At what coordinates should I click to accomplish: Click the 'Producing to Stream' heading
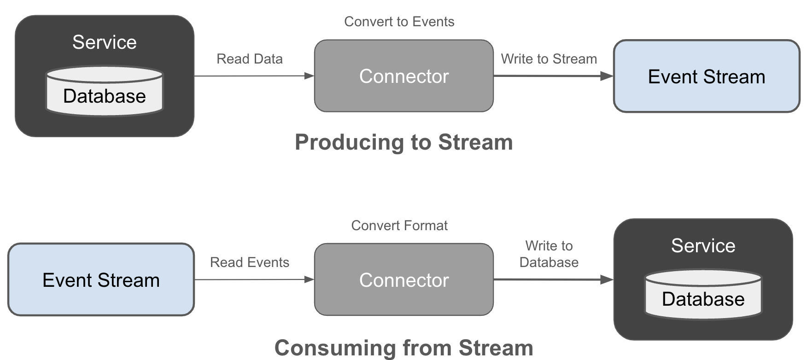pos(403,142)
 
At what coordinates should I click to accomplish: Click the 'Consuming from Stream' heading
pos(403,348)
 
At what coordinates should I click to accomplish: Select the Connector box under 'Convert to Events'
pos(403,76)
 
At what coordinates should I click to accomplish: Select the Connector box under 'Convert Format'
pos(403,280)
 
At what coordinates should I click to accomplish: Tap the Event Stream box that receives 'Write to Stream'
pos(706,76)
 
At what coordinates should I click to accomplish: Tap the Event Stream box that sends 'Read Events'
pos(101,280)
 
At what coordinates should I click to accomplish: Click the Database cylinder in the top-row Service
pos(105,92)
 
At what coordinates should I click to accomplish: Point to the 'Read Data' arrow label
pos(249,59)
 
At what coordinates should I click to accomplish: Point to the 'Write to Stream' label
pos(549,59)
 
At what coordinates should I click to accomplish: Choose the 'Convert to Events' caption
pos(399,22)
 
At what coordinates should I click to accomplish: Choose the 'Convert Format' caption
pos(399,226)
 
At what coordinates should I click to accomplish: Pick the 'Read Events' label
pos(249,262)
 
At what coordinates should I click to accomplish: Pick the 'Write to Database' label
pos(549,254)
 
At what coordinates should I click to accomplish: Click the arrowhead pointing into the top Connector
pos(309,76)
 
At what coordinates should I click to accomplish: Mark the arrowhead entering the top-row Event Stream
pos(607,76)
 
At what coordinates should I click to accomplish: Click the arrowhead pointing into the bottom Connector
pos(309,279)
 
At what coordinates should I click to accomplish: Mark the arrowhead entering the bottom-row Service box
pos(607,279)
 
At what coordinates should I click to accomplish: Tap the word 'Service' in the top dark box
pos(105,42)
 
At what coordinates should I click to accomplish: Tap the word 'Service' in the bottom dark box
pos(703,246)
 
